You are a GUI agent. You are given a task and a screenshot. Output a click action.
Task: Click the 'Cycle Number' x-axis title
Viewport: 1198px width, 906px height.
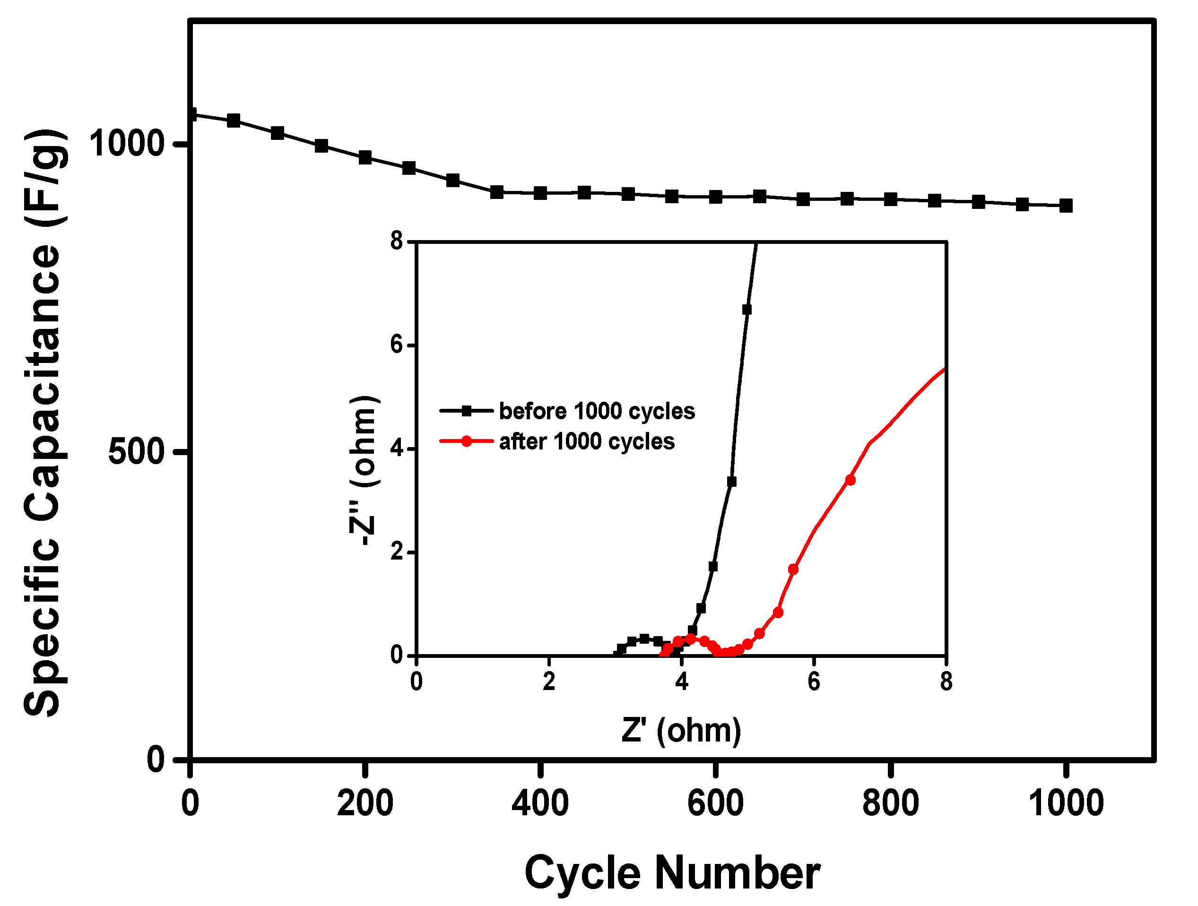point(672,872)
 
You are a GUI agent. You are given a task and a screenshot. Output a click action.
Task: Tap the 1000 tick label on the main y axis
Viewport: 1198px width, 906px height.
point(126,144)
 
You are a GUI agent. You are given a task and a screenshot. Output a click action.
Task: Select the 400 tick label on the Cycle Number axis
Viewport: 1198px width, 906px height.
point(540,803)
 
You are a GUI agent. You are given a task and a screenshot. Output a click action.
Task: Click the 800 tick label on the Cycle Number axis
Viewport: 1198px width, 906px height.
point(890,803)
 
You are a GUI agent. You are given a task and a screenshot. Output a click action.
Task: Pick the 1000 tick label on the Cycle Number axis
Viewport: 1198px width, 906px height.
point(1065,803)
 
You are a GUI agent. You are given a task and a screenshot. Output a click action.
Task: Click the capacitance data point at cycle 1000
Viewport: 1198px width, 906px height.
point(1065,206)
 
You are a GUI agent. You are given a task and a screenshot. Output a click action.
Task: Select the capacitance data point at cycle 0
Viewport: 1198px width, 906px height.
point(191,114)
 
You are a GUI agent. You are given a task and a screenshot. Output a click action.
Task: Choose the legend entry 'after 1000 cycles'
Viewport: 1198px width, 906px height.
point(587,442)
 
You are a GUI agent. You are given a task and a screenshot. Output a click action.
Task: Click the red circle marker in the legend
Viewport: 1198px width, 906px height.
point(466,441)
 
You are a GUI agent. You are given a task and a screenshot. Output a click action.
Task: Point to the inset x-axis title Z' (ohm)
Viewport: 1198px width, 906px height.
point(681,731)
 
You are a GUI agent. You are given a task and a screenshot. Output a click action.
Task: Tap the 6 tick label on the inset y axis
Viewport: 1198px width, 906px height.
point(398,345)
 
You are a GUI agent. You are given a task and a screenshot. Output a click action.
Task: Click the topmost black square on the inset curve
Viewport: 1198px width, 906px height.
point(747,310)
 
